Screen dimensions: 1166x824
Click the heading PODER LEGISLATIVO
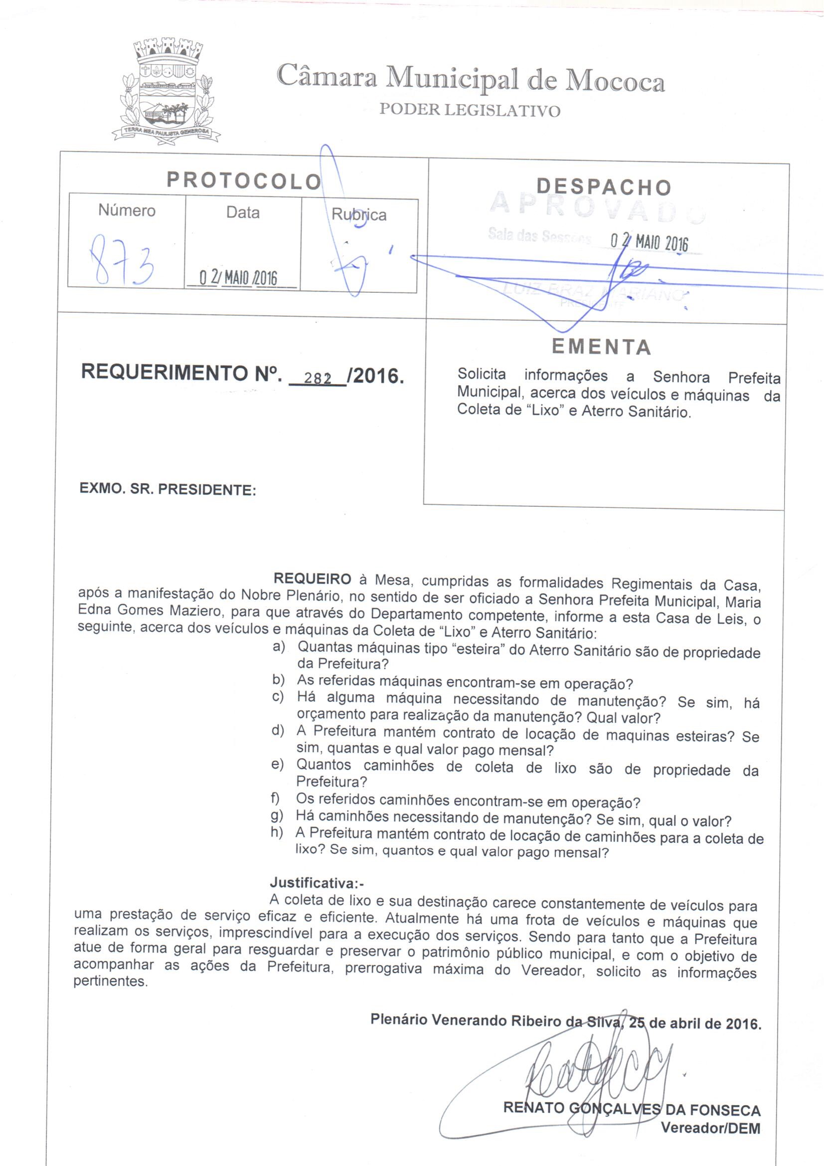[x=470, y=110]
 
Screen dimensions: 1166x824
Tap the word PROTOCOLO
[x=244, y=181]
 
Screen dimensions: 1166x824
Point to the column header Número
[x=127, y=210]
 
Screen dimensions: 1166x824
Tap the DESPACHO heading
[x=604, y=187]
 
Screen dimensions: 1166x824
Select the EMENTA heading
[x=601, y=348]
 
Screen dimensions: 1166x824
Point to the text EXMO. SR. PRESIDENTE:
[x=167, y=490]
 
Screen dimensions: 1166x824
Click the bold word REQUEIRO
[x=312, y=579]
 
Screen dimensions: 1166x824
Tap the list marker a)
[x=279, y=647]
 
